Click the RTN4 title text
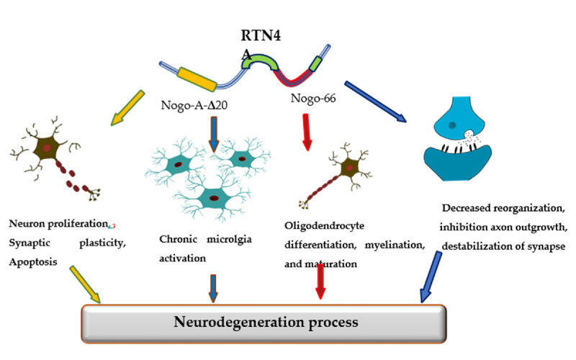259,35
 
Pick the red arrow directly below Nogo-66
307,133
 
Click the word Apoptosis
33,254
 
